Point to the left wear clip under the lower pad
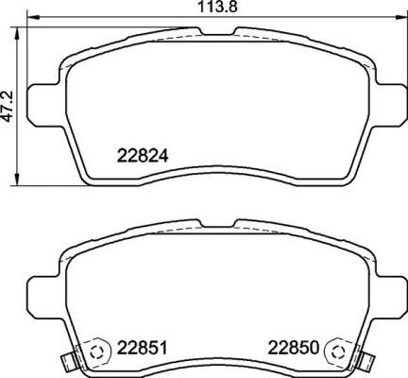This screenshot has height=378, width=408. [65, 362]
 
